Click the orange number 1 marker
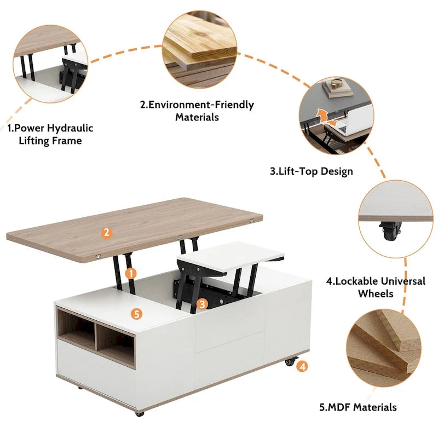point(130,272)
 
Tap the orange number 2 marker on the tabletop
point(107,233)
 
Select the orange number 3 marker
point(202,303)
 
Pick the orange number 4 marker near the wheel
point(303,366)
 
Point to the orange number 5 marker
point(136,314)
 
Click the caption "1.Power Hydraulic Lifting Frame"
point(50,134)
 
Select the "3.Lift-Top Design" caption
point(311,171)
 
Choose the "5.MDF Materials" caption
point(358,407)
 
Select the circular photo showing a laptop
point(336,117)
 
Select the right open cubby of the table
point(116,344)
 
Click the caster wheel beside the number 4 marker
point(289,363)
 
